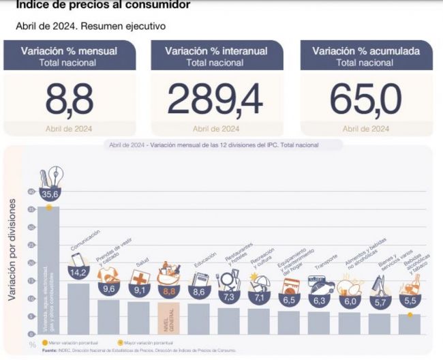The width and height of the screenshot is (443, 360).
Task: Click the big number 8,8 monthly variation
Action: point(69,100)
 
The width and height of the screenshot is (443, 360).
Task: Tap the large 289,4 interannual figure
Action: point(215,100)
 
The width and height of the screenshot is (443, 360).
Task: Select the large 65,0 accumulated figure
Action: point(365,100)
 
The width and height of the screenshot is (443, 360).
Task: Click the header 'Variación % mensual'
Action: point(69,51)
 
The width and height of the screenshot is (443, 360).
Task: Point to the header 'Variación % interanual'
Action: point(215,51)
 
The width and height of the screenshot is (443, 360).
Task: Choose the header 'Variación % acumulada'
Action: point(365,51)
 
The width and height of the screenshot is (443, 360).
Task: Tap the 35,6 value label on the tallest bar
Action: point(49,194)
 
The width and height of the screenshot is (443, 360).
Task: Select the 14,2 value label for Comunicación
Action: point(78,273)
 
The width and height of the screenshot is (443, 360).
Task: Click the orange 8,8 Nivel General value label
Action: point(168,292)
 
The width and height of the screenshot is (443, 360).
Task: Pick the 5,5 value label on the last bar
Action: point(410,301)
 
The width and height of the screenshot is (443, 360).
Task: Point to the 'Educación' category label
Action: point(205,262)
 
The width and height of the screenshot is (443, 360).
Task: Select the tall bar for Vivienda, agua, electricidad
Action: point(48,273)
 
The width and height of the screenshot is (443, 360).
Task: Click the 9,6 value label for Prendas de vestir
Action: point(108,289)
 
